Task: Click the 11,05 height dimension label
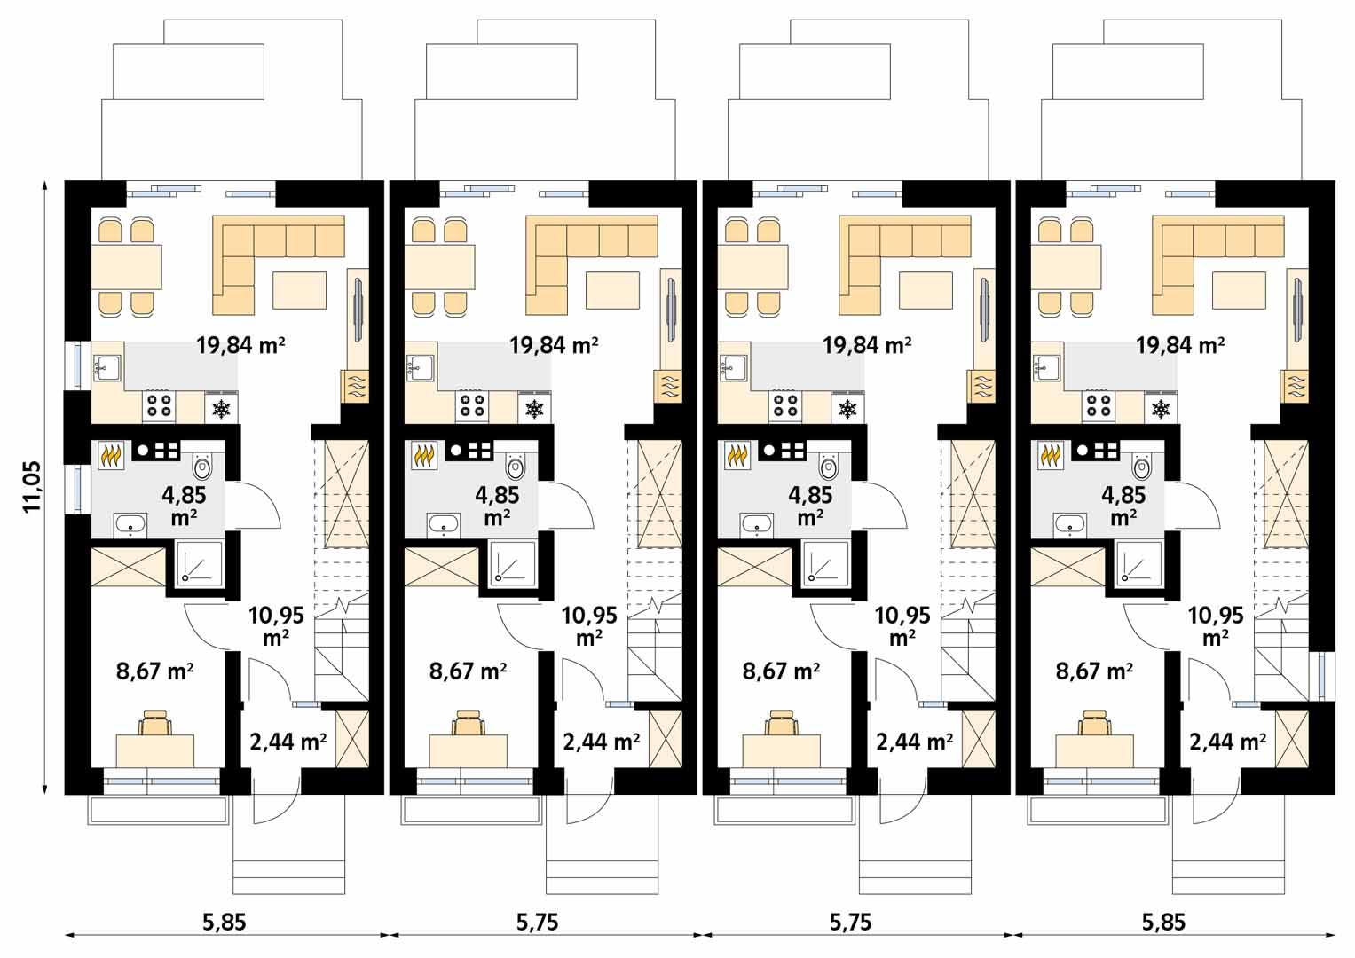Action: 32,487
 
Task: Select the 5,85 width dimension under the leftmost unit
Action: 224,923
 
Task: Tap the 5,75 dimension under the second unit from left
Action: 537,923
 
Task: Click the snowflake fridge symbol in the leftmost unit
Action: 221,409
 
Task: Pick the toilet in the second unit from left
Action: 516,465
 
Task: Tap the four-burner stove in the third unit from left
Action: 786,406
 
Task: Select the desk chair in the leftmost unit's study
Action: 155,722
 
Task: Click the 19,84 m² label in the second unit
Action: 553,344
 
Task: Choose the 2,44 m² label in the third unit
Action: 915,742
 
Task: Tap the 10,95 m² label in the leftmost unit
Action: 276,625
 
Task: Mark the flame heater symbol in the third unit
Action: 737,455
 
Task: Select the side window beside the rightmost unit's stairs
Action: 1326,676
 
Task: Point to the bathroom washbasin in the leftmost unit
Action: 130,525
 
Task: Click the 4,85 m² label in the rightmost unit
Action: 1123,506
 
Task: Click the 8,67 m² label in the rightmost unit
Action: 1093,671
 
